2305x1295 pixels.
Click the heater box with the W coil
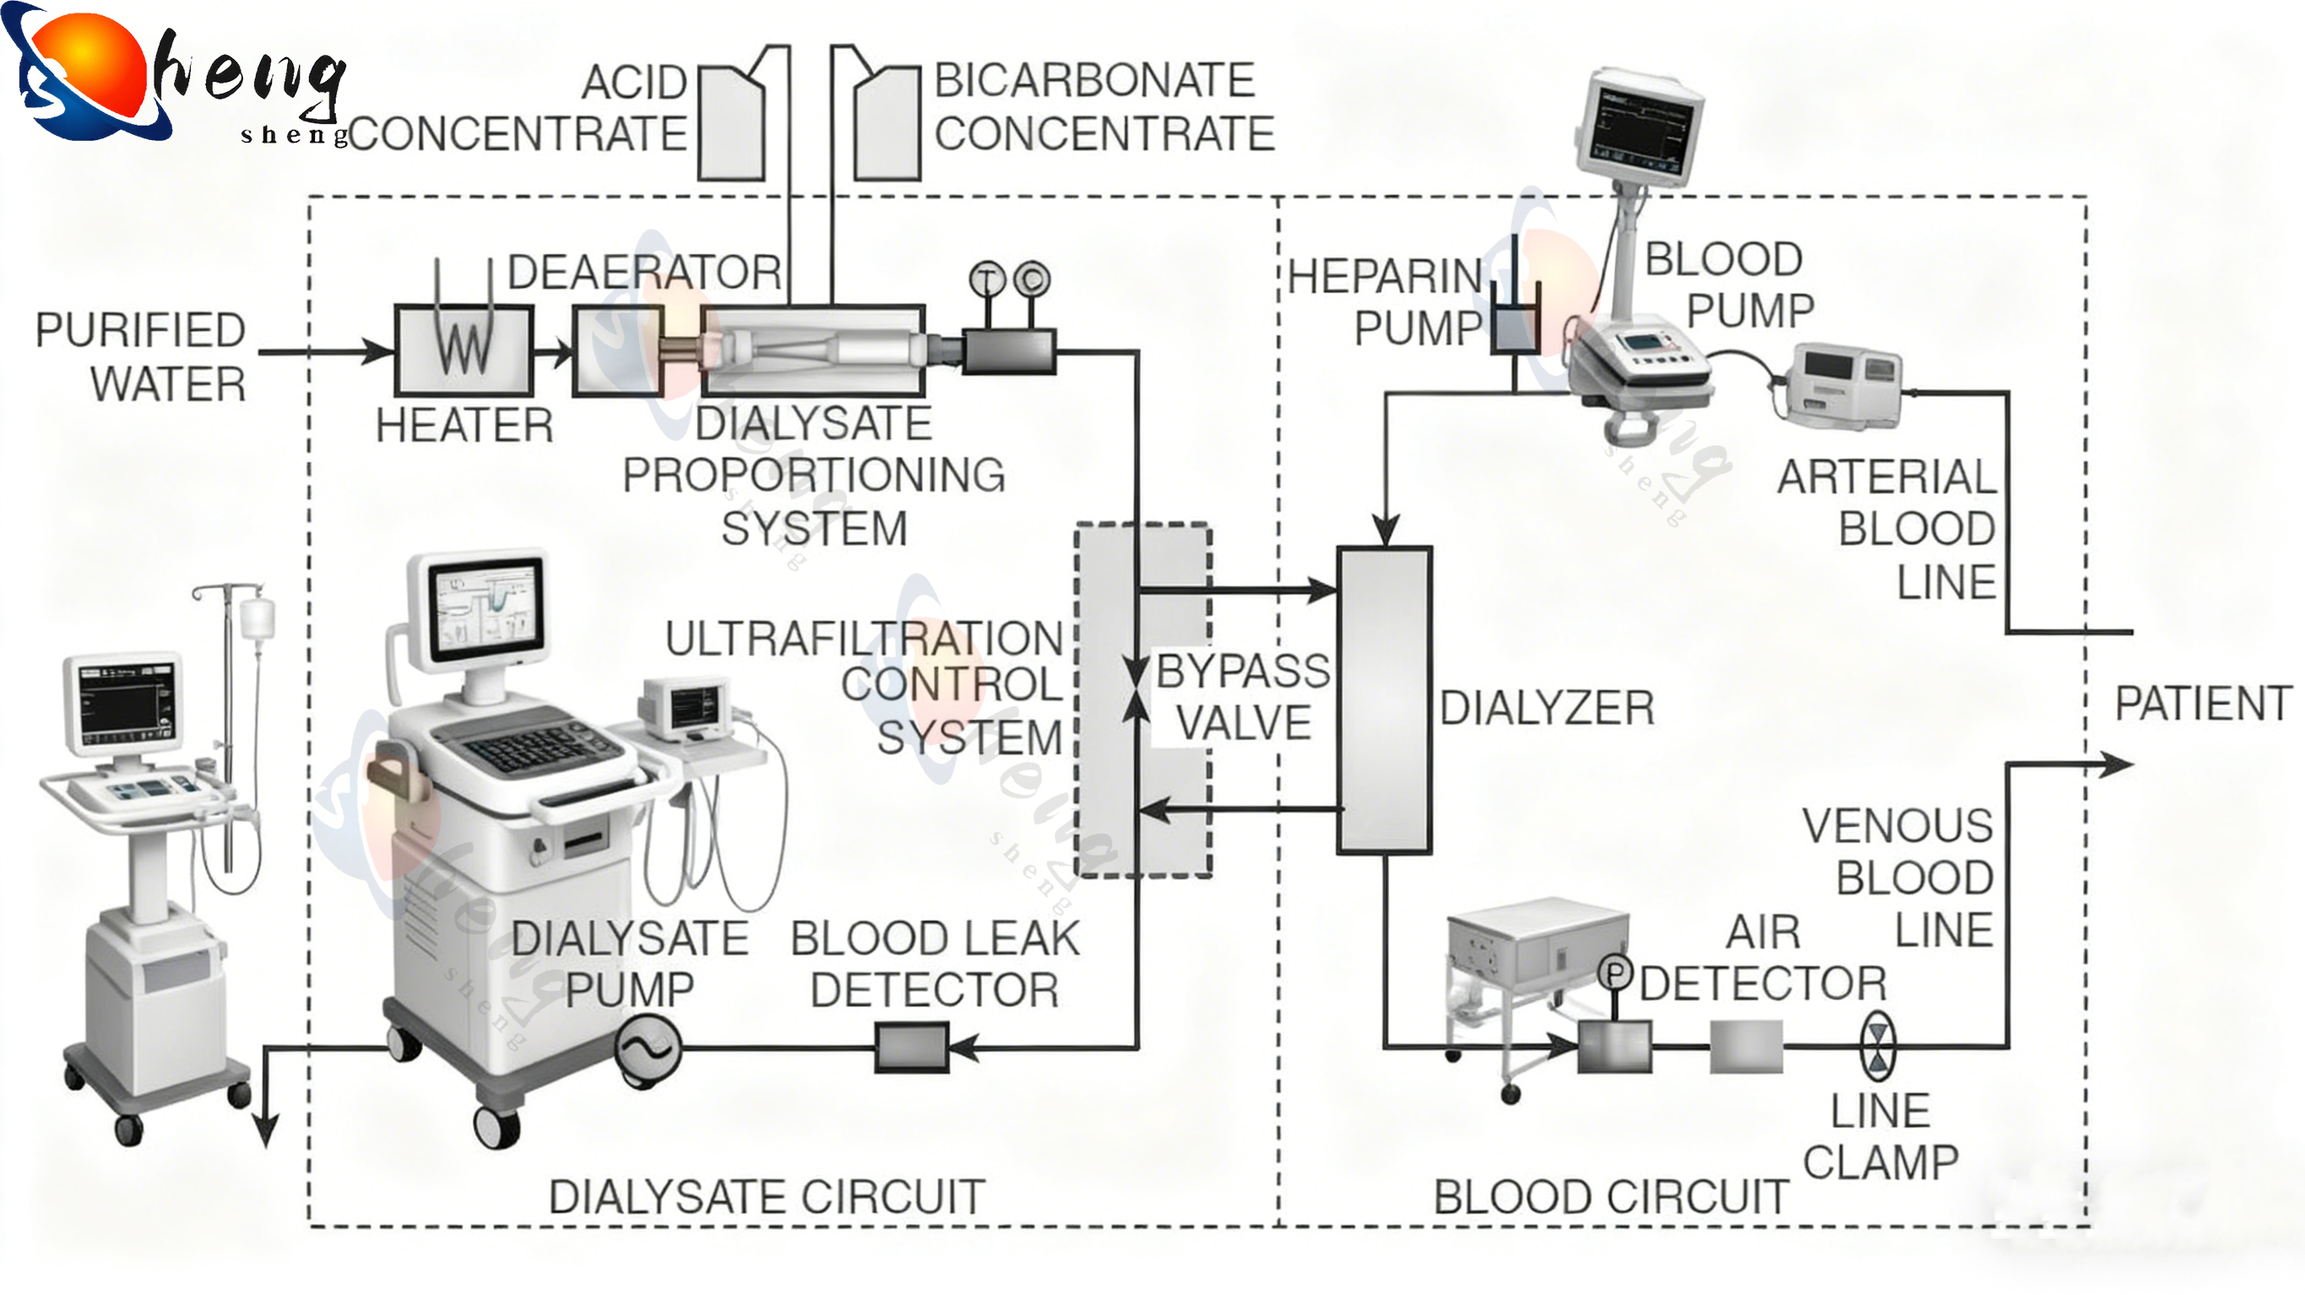(x=464, y=351)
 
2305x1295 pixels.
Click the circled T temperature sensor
(x=988, y=279)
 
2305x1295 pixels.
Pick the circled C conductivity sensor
(x=1032, y=279)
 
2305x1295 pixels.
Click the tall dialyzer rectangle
(x=1384, y=700)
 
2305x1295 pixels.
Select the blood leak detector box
(x=912, y=1047)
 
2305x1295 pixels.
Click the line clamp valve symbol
(x=1877, y=1045)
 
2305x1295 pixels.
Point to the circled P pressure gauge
(x=1615, y=973)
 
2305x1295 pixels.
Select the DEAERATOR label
(x=644, y=272)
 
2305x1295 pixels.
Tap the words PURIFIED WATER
(x=141, y=357)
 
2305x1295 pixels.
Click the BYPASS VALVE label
(x=1243, y=697)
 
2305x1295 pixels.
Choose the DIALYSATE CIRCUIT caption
(x=767, y=1196)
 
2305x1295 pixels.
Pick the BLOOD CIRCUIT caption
(x=1611, y=1196)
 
